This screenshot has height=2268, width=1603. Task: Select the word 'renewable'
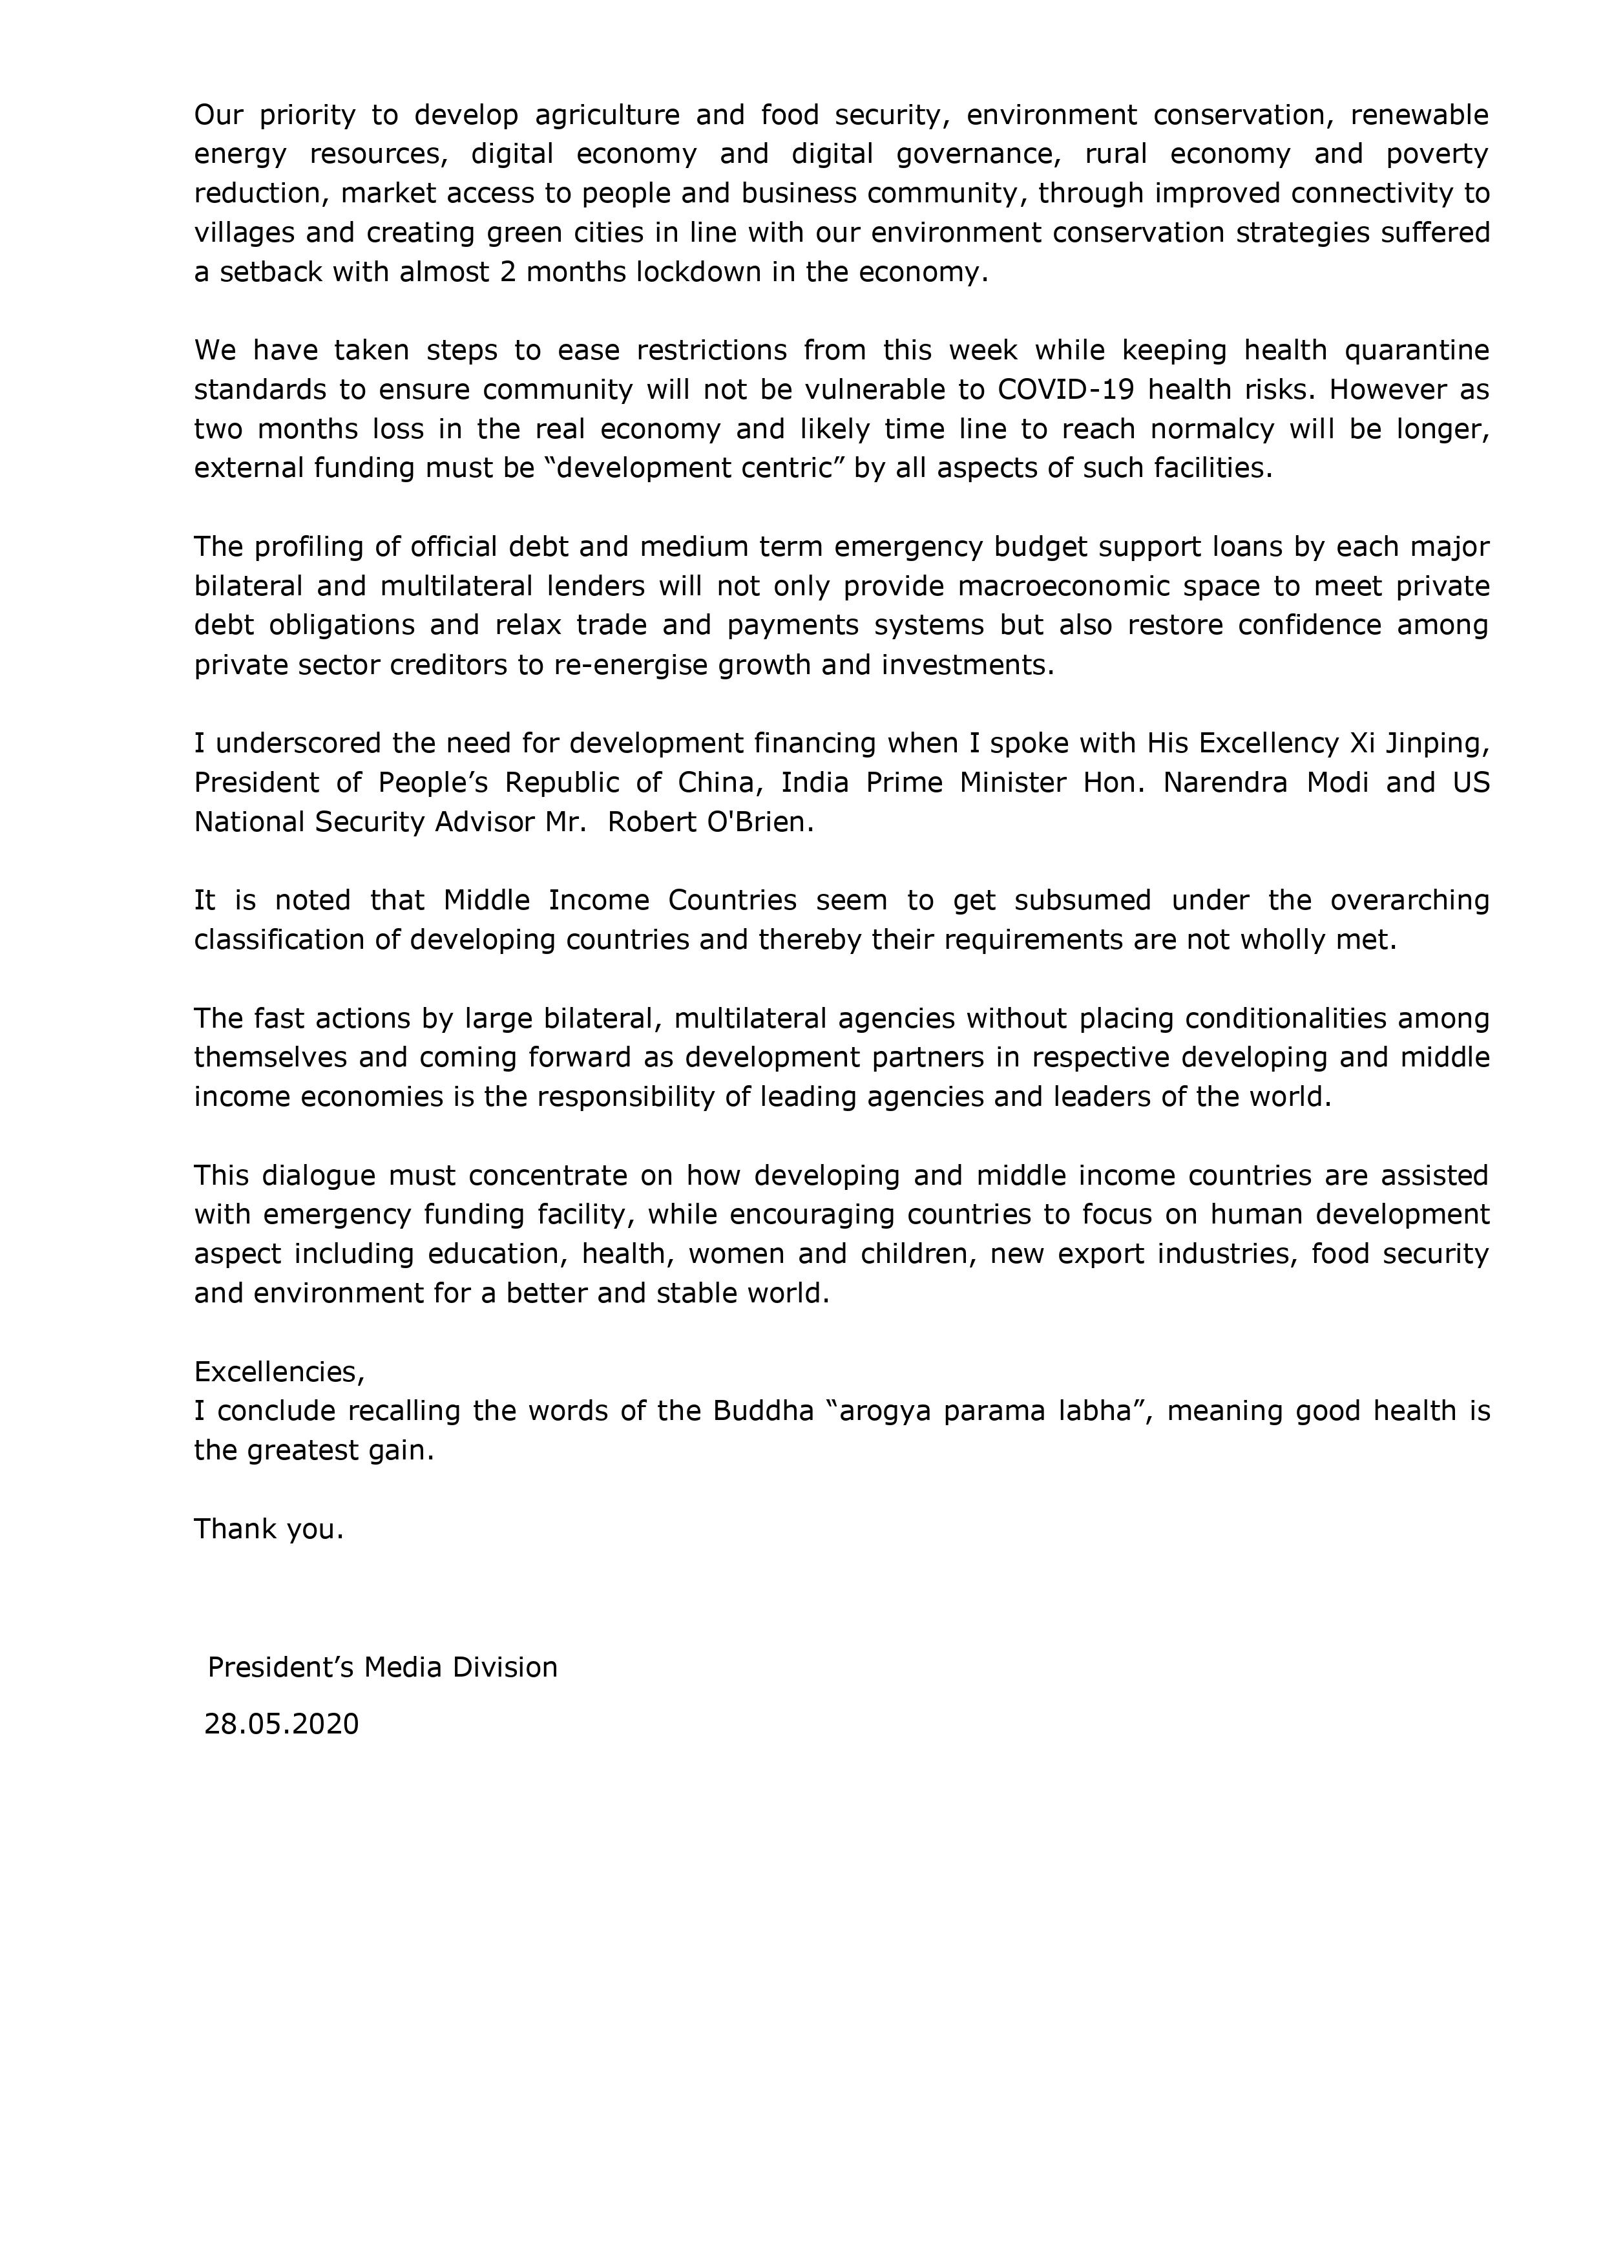[x=1420, y=116]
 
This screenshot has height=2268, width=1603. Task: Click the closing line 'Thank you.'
[x=269, y=1529]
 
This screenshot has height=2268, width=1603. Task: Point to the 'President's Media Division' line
[x=382, y=1668]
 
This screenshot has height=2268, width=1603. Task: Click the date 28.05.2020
[x=282, y=1724]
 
